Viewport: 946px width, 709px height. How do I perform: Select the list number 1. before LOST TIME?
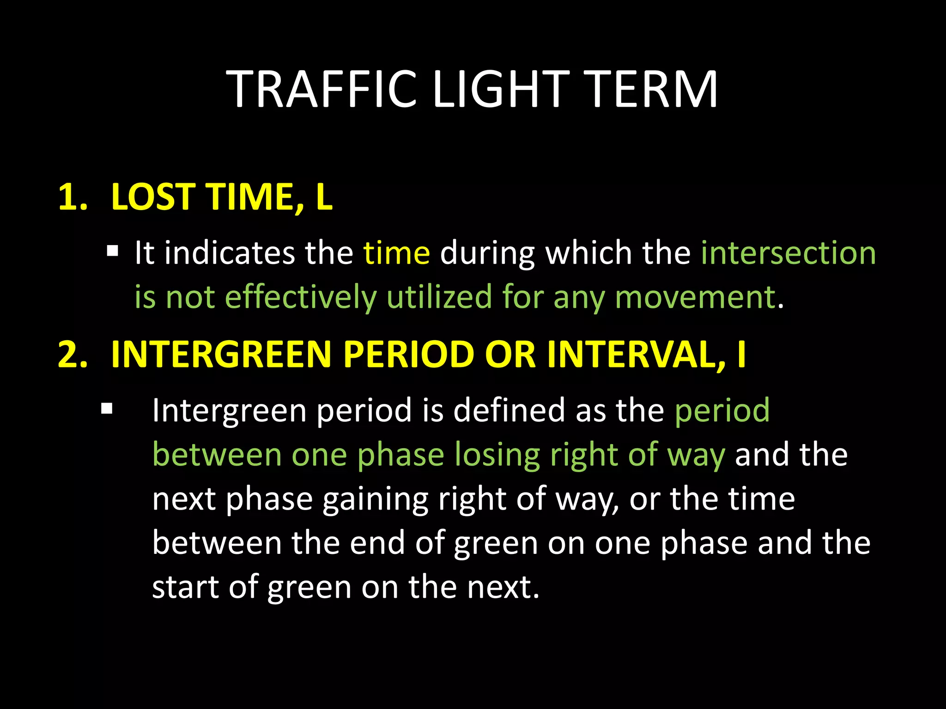73,197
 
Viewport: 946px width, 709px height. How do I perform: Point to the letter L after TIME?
324,197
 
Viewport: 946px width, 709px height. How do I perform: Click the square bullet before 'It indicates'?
112,252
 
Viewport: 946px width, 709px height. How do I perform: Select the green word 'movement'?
695,298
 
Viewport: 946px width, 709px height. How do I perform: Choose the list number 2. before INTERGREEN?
73,354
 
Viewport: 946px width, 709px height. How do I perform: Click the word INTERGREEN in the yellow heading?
221,354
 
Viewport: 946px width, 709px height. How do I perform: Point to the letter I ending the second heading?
741,354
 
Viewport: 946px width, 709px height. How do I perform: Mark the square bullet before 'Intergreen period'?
107,409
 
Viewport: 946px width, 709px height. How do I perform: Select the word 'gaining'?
375,499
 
